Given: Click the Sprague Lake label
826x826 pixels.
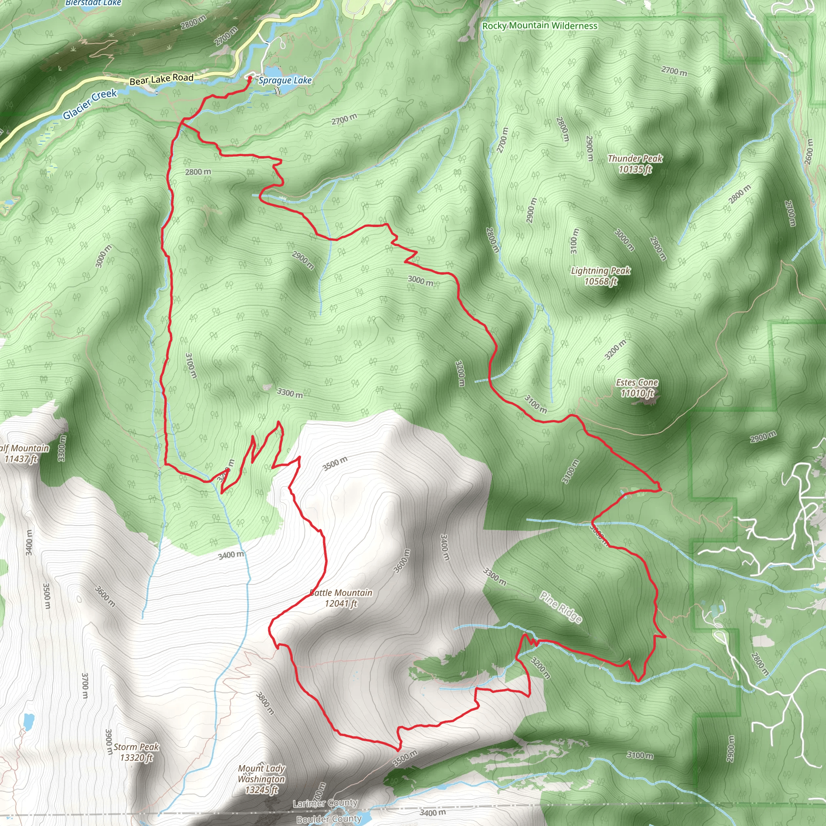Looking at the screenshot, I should (x=285, y=80).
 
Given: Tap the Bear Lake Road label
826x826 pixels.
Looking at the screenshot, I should (x=161, y=79).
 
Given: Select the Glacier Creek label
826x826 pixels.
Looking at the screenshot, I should (x=90, y=104).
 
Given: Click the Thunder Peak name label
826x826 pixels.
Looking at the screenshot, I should (x=635, y=159).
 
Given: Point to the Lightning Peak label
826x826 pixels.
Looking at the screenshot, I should (x=600, y=271).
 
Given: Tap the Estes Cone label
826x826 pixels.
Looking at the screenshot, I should (x=636, y=382).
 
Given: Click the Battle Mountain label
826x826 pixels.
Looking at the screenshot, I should (x=341, y=593).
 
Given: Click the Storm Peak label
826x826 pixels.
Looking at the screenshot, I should (x=136, y=747).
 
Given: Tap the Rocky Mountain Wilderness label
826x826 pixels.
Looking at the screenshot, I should (x=540, y=26).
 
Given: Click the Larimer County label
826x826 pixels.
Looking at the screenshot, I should (x=325, y=803).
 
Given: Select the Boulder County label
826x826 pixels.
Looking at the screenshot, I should (x=329, y=819).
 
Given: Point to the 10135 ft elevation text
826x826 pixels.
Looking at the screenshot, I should (x=635, y=169).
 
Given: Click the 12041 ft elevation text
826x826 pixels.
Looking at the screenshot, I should (x=341, y=604).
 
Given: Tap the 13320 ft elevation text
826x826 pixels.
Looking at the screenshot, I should (x=136, y=757).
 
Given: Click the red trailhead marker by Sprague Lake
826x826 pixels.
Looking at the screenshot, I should (x=250, y=78).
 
